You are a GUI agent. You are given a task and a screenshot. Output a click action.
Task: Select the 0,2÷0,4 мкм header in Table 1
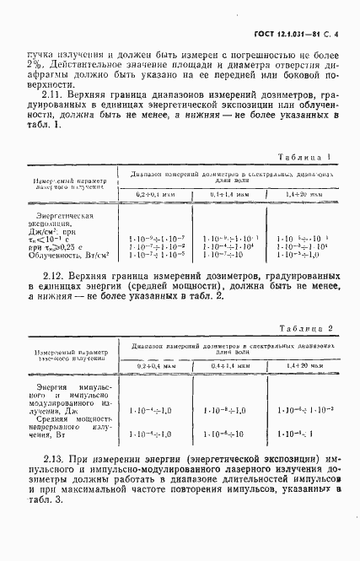(156, 195)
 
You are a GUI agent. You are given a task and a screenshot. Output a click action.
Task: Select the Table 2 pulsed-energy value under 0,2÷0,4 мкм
(152, 409)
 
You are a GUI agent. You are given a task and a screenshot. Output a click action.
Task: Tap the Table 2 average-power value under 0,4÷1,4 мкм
(228, 434)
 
